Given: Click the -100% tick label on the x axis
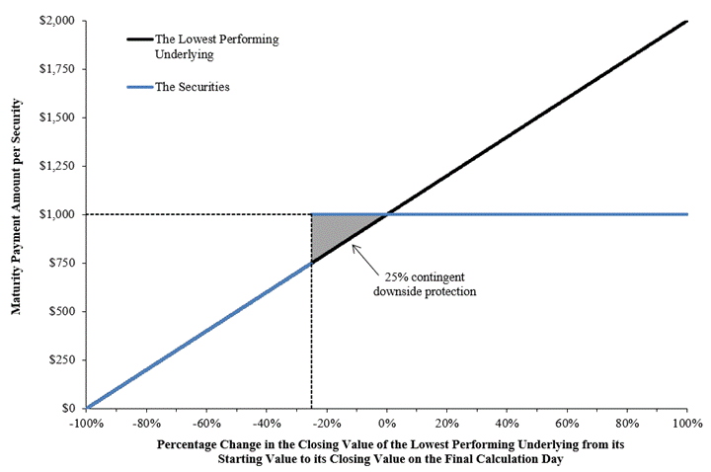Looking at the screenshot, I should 87,425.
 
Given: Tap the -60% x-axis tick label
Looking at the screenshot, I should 206,425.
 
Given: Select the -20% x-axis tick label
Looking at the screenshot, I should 327,425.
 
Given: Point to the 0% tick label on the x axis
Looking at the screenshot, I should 387,425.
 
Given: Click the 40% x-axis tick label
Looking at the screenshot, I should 508,425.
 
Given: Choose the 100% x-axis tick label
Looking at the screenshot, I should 686,425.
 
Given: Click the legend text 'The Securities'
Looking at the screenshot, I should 193,87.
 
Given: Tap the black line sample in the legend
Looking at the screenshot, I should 139,39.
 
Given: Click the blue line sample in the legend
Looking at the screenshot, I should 139,87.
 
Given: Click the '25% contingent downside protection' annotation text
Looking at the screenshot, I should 426,283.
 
